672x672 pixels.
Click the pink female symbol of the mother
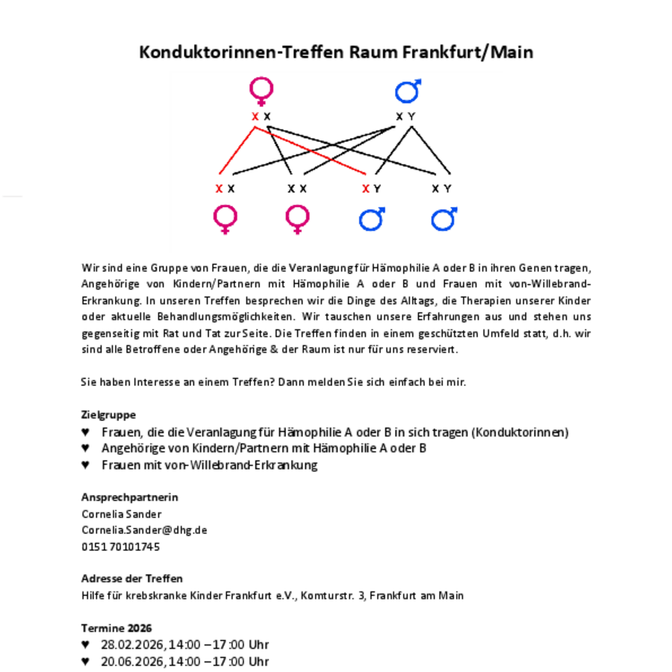(x=261, y=91)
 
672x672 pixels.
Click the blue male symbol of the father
(x=408, y=91)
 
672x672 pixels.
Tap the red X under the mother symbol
(x=255, y=116)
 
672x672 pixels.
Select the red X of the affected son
(x=366, y=189)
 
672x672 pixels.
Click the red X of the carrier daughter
(x=219, y=189)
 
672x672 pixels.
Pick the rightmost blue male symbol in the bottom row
(x=444, y=219)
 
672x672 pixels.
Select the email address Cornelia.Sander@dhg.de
(x=144, y=530)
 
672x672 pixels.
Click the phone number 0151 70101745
(x=120, y=547)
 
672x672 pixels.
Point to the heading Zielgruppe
(x=108, y=414)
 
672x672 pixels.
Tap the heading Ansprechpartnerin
(x=129, y=497)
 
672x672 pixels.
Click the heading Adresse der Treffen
(x=131, y=579)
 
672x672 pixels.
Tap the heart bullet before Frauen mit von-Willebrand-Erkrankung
(x=86, y=465)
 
